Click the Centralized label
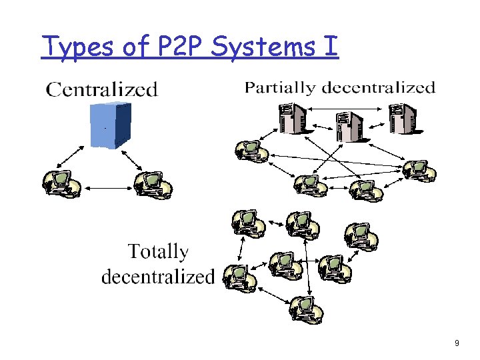coord(101,89)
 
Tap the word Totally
coord(158,251)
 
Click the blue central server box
coord(111,125)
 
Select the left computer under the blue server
coord(61,185)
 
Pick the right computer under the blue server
coord(154,185)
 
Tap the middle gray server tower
coord(348,127)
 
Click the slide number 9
coord(456,343)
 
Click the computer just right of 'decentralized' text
coord(239,278)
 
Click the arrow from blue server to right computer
coord(133,158)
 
